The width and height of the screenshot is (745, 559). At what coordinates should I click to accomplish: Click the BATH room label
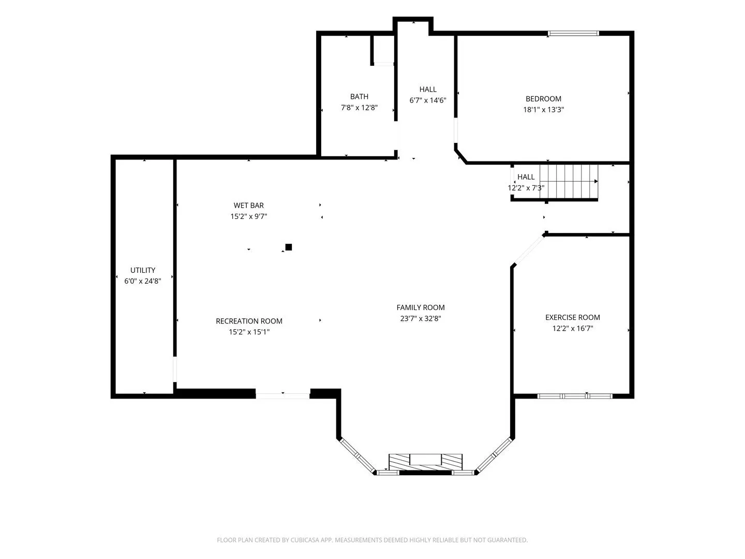click(x=359, y=97)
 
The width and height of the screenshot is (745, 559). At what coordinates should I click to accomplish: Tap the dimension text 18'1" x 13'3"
click(x=543, y=110)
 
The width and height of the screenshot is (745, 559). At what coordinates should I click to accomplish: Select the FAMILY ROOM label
click(x=421, y=307)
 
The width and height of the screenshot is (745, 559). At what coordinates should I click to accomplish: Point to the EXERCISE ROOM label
click(x=573, y=317)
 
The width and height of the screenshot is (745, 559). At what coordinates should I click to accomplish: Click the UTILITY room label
click(x=143, y=270)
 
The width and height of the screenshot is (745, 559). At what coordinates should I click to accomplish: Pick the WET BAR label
click(x=249, y=205)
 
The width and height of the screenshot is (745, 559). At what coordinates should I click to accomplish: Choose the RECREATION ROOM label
click(x=249, y=321)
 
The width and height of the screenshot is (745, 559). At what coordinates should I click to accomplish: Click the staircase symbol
click(x=569, y=182)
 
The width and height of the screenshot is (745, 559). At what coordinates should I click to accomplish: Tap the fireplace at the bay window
click(x=425, y=462)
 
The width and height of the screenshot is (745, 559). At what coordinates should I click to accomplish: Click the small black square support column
click(x=289, y=247)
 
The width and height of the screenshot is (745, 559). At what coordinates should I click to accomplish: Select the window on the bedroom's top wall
click(x=573, y=33)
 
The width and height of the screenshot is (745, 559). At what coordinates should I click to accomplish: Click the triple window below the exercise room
click(x=575, y=396)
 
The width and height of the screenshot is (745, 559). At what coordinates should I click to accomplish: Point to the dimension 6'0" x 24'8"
click(x=143, y=281)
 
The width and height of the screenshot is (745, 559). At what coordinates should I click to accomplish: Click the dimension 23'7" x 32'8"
click(x=421, y=318)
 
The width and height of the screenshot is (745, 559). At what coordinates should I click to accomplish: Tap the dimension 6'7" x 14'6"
click(x=428, y=100)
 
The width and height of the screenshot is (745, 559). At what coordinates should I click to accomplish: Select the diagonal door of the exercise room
click(x=529, y=249)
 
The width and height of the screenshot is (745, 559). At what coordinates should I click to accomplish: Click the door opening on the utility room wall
click(x=175, y=369)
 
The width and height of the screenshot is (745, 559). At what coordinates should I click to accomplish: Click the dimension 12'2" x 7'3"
click(x=526, y=188)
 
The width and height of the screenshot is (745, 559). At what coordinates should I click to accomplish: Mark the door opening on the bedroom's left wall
click(x=455, y=130)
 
